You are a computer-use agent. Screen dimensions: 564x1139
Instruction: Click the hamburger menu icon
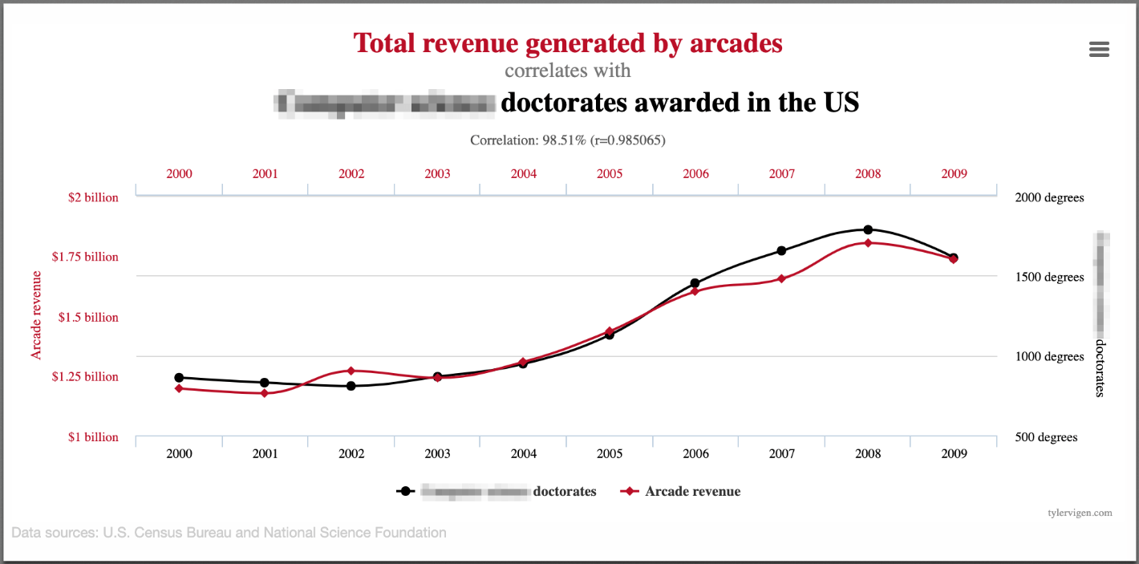[x=1099, y=50]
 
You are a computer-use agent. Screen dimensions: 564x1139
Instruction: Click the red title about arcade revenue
[x=568, y=43]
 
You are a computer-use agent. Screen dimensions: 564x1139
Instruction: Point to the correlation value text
[x=568, y=140]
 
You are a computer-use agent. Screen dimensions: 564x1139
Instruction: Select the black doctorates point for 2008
[x=868, y=230]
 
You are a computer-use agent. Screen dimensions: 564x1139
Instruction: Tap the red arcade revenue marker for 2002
[x=351, y=371]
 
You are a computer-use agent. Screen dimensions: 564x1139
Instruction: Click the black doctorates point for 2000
[x=179, y=377]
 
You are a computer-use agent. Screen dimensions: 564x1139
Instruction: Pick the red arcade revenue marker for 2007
[x=781, y=278]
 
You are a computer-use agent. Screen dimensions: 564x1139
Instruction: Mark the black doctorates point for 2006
[x=695, y=283]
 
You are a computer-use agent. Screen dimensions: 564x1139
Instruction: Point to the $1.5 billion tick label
[x=88, y=317]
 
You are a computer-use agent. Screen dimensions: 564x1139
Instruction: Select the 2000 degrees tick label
[x=1048, y=197]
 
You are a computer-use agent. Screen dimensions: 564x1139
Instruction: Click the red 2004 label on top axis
[x=524, y=173]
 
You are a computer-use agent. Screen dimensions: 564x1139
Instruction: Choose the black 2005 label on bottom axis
[x=610, y=453]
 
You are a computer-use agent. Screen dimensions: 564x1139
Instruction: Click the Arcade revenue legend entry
[x=682, y=491]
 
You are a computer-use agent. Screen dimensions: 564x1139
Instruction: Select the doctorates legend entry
[x=497, y=491]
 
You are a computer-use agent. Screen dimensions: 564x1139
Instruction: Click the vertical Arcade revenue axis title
[x=36, y=314]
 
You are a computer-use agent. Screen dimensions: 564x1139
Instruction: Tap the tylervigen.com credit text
[x=1080, y=512]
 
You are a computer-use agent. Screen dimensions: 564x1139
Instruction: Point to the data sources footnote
[x=229, y=532]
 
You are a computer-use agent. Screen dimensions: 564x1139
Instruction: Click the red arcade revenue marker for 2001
[x=265, y=393]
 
